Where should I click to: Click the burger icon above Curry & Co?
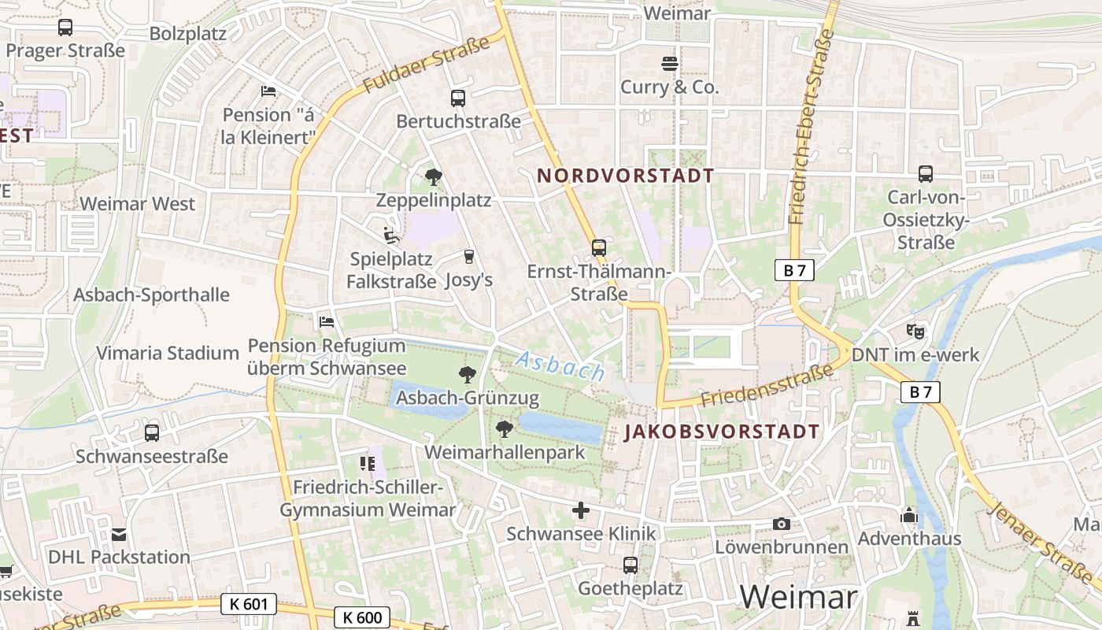670,64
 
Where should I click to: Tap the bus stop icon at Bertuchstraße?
458,98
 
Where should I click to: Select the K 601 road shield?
249,604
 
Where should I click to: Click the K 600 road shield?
362,617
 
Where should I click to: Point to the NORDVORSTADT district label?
625,176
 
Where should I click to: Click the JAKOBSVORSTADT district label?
722,432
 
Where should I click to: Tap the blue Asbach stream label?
560,366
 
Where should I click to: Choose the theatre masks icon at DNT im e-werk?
915,332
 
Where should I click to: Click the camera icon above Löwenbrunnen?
781,524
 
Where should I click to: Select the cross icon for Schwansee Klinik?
581,510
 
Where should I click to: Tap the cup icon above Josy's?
469,256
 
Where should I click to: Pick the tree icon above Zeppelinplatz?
433,177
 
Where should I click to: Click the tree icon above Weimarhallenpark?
505,429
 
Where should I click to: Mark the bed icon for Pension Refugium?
327,322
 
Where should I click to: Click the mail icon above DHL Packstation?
119,535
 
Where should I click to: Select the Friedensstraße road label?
766,387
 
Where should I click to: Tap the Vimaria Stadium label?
168,353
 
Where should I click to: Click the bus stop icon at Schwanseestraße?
152,433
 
